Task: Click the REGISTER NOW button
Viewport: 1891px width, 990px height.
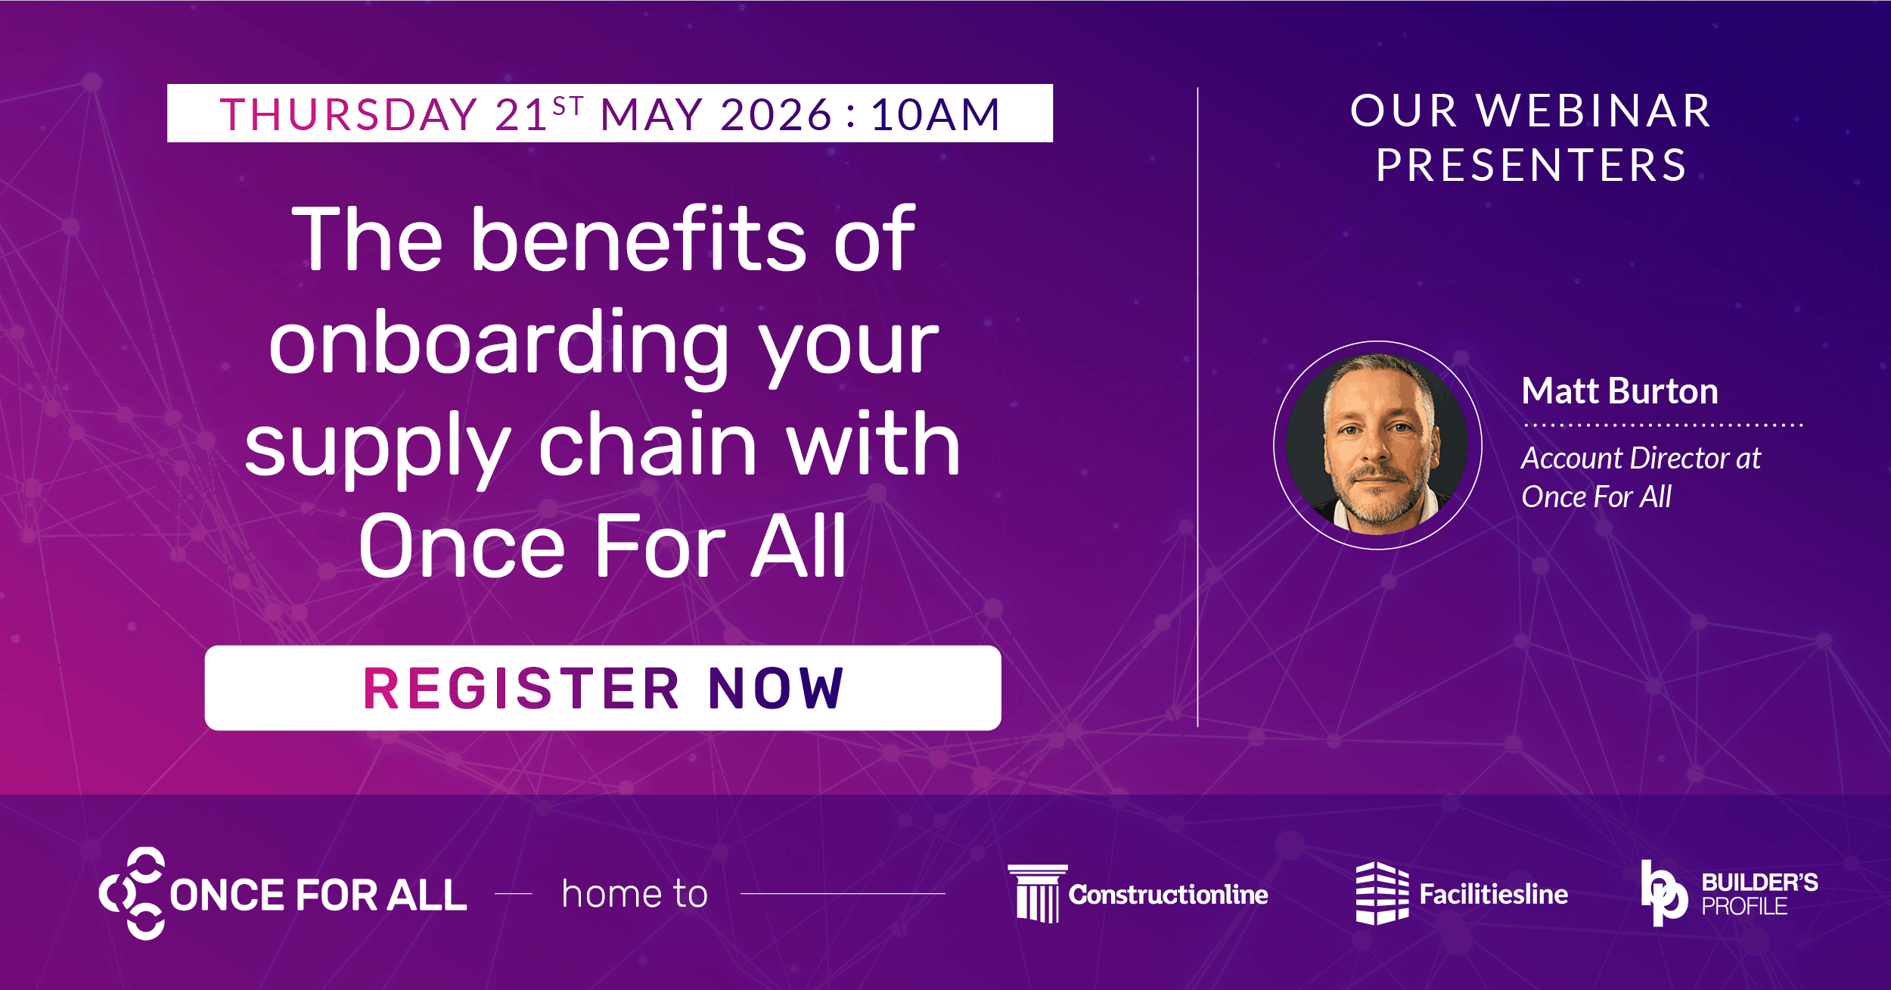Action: (603, 688)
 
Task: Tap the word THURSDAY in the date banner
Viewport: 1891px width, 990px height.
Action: (349, 115)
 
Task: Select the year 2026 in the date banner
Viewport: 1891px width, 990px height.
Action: (776, 115)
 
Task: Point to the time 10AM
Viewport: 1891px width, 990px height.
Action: (936, 115)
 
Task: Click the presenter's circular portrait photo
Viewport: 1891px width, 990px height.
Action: (1377, 445)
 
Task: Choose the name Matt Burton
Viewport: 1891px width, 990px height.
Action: (1619, 391)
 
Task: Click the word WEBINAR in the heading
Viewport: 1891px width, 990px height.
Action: (1594, 111)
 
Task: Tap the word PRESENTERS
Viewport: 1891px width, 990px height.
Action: (1532, 165)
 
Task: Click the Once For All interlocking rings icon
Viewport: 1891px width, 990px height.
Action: (132, 893)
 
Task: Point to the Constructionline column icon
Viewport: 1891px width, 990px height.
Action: (1037, 893)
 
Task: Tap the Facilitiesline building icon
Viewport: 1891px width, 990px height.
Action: (1381, 893)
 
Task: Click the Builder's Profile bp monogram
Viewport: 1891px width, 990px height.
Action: (1663, 893)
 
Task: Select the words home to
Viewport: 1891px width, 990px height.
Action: (635, 894)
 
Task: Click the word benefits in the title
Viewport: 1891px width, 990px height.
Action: (639, 240)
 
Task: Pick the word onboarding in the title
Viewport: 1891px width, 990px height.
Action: (498, 344)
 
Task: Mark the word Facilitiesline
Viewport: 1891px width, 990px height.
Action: (1493, 895)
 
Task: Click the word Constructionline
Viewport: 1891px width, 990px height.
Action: (1168, 895)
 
